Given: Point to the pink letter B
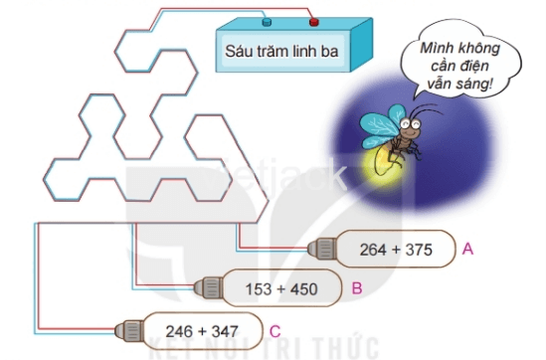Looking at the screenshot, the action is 356,288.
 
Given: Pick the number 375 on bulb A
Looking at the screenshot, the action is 419,250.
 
